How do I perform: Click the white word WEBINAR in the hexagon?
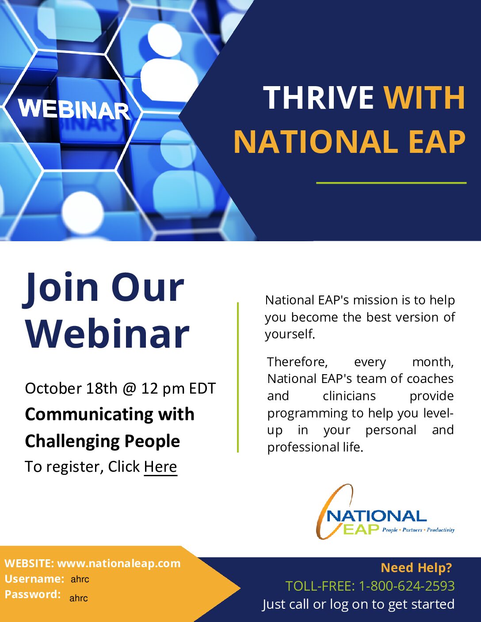[x=74, y=110]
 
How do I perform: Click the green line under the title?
[x=391, y=182]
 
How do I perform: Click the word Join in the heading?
[x=61, y=288]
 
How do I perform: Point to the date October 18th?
[x=71, y=388]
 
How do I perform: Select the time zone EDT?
[x=202, y=388]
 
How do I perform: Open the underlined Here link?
[x=160, y=466]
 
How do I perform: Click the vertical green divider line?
[x=238, y=377]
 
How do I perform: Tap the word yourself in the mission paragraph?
[x=290, y=334]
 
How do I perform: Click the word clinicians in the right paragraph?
[x=349, y=396]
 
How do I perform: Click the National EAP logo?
[x=385, y=512]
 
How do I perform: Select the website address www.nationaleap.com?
[x=119, y=563]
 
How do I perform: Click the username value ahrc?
[x=80, y=579]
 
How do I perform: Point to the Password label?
[x=32, y=595]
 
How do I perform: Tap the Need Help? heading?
[x=416, y=567]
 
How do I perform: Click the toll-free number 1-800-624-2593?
[x=407, y=586]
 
